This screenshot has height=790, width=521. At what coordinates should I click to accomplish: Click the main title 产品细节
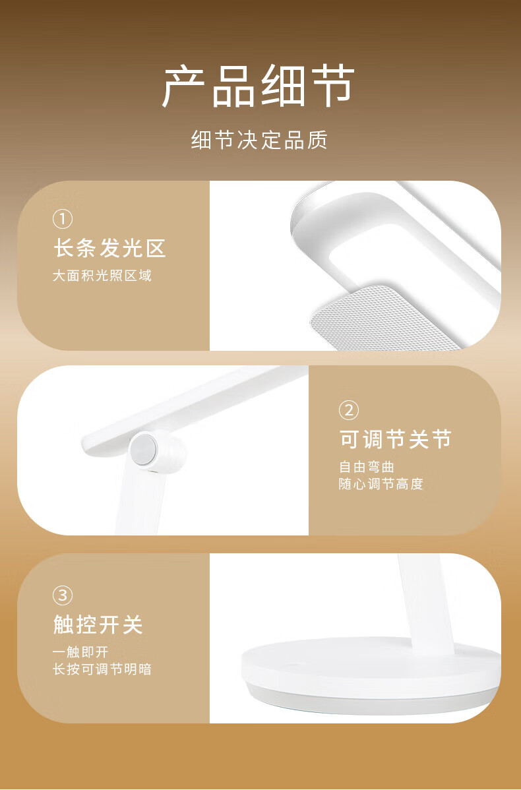coord(259,86)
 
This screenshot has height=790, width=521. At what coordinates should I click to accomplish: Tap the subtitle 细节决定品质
coord(259,140)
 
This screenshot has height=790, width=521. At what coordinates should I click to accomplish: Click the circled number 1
coord(63,219)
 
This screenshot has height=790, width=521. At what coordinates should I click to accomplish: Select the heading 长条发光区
coord(109,249)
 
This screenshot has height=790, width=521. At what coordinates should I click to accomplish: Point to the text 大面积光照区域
coord(102,276)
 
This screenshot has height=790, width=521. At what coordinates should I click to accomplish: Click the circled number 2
coord(349,410)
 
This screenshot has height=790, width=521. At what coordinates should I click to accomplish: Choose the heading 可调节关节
coord(396,439)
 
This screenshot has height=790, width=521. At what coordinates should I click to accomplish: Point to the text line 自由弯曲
coord(367,467)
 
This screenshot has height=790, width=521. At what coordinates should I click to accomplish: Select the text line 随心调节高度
coord(381,485)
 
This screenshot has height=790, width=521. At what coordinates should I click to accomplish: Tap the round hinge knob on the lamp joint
coord(146,450)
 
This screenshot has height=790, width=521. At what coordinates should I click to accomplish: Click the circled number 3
coord(62,596)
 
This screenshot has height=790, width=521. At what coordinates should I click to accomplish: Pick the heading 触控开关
coord(98,625)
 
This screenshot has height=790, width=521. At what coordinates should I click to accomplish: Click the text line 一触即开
coord(80,652)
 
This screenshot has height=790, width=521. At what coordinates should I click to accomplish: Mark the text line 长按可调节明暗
coord(102,669)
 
